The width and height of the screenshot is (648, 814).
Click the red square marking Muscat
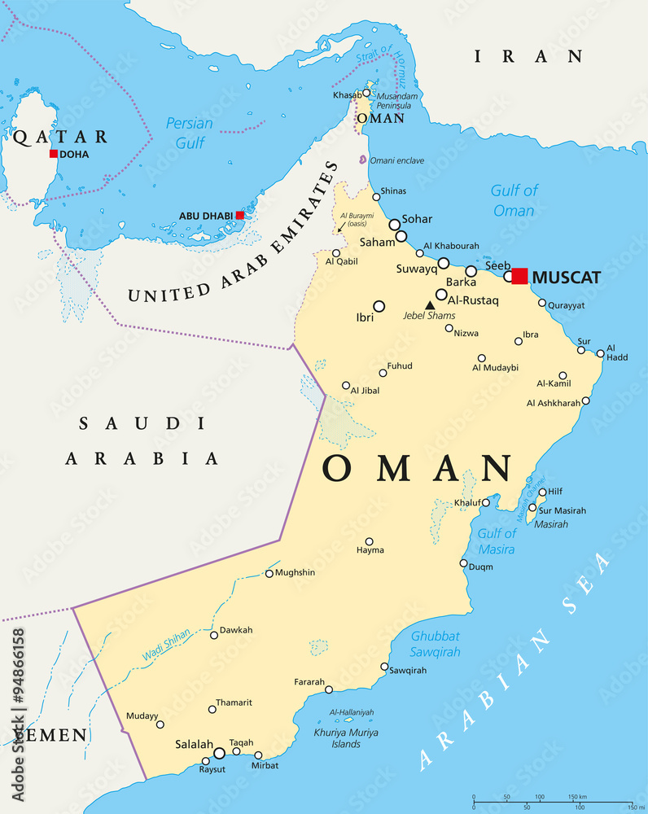click(x=519, y=276)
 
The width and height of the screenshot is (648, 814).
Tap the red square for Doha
click(x=54, y=153)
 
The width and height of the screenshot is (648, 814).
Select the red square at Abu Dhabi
click(x=239, y=215)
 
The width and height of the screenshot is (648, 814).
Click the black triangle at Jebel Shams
click(x=430, y=305)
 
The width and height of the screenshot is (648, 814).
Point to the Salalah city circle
click(x=219, y=753)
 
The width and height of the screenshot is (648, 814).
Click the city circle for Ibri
click(x=379, y=306)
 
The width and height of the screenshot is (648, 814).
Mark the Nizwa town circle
click(x=449, y=329)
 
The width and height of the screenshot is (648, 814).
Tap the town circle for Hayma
click(x=369, y=540)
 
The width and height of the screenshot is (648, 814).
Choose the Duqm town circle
click(x=463, y=563)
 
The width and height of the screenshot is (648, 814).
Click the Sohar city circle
click(x=395, y=225)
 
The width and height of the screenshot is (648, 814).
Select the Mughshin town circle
click(x=269, y=573)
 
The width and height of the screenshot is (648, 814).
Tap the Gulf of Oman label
click(x=514, y=200)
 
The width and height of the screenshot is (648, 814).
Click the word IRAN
click(x=529, y=56)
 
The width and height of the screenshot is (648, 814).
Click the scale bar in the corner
click(x=553, y=800)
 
